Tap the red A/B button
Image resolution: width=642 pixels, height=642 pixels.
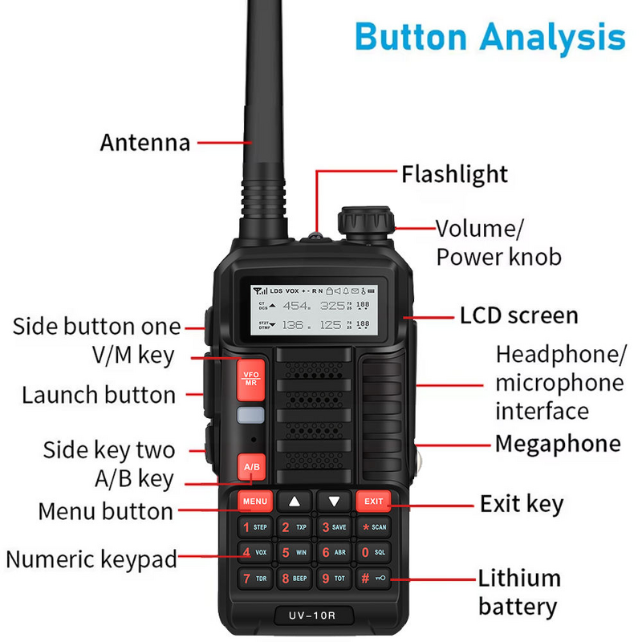click(251, 466)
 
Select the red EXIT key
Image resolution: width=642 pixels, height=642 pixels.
click(373, 502)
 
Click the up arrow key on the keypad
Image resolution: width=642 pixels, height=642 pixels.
click(295, 502)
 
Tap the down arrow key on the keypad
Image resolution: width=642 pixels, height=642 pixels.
click(334, 502)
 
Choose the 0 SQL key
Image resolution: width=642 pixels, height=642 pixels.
click(373, 552)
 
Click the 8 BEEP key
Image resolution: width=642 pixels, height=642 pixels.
click(295, 578)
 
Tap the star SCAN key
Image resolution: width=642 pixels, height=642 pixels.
click(373, 527)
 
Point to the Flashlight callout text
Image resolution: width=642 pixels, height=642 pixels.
click(454, 174)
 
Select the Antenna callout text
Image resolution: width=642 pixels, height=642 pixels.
click(145, 143)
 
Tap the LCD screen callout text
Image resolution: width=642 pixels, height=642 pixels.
click(518, 315)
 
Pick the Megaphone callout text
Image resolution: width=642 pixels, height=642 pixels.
click(557, 444)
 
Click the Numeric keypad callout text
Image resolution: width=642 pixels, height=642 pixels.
click(91, 559)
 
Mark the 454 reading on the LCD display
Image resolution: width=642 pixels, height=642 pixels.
click(296, 306)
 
